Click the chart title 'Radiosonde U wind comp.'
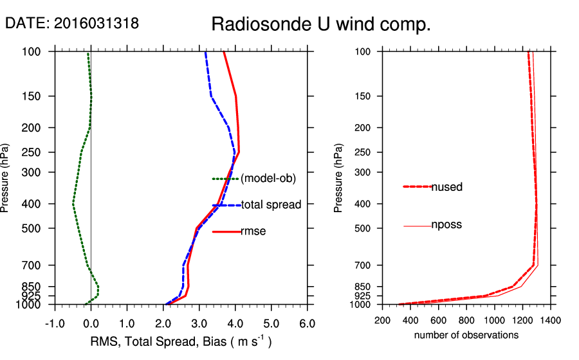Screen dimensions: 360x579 pos(321,25)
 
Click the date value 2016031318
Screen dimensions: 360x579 pos(96,24)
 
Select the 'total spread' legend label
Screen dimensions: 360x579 pos(271,205)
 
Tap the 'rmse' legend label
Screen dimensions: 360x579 pos(253,231)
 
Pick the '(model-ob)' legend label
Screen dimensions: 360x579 pos(268,179)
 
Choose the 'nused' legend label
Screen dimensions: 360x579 pos(446,187)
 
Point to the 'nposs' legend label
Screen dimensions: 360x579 pos(446,225)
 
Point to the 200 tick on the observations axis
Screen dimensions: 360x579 pos(382,319)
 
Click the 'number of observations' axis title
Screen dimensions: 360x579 pos(466,335)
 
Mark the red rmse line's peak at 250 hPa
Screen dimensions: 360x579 pos(239,152)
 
